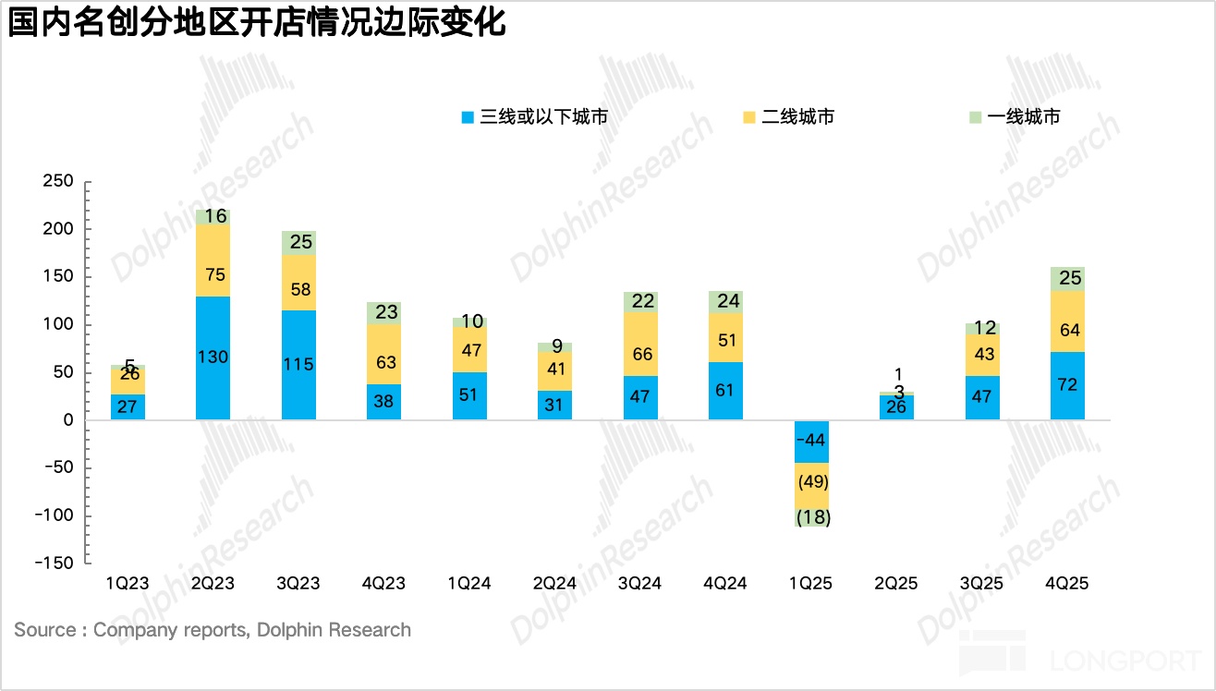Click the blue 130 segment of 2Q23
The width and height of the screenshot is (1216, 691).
(x=213, y=358)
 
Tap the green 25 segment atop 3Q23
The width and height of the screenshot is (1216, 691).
(x=299, y=243)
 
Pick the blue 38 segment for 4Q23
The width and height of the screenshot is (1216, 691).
(x=384, y=402)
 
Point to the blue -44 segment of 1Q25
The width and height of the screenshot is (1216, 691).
(x=811, y=441)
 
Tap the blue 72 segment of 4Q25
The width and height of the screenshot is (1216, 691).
(x=1067, y=385)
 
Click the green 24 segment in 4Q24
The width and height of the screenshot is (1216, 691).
(x=725, y=301)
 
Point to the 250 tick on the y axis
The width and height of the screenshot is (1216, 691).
(x=58, y=182)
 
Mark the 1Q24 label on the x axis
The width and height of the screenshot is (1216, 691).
(x=469, y=584)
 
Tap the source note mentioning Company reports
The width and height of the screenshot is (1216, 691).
(x=213, y=630)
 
